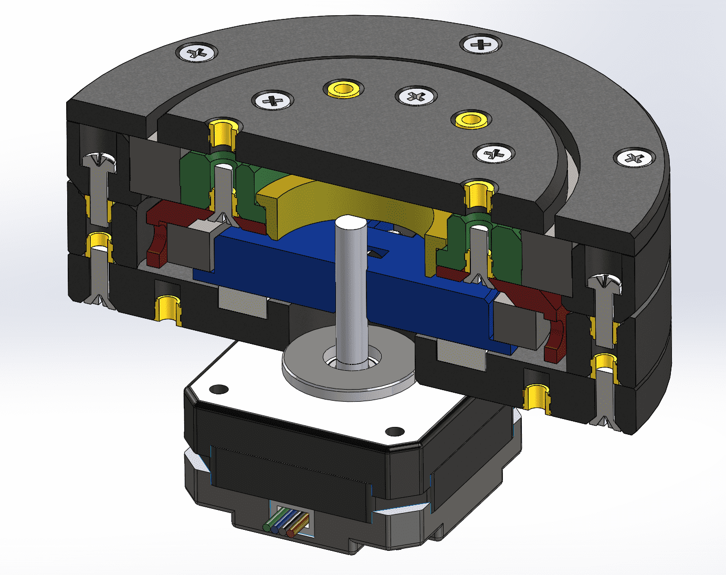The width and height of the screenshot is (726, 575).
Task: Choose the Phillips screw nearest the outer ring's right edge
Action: [x=636, y=157]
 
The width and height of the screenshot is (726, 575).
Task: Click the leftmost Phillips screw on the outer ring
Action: [x=197, y=53]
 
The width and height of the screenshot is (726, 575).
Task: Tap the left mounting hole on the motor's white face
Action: [x=219, y=389]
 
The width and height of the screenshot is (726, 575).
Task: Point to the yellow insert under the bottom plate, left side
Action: [x=167, y=308]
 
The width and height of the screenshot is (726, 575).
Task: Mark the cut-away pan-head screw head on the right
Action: [x=604, y=284]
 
